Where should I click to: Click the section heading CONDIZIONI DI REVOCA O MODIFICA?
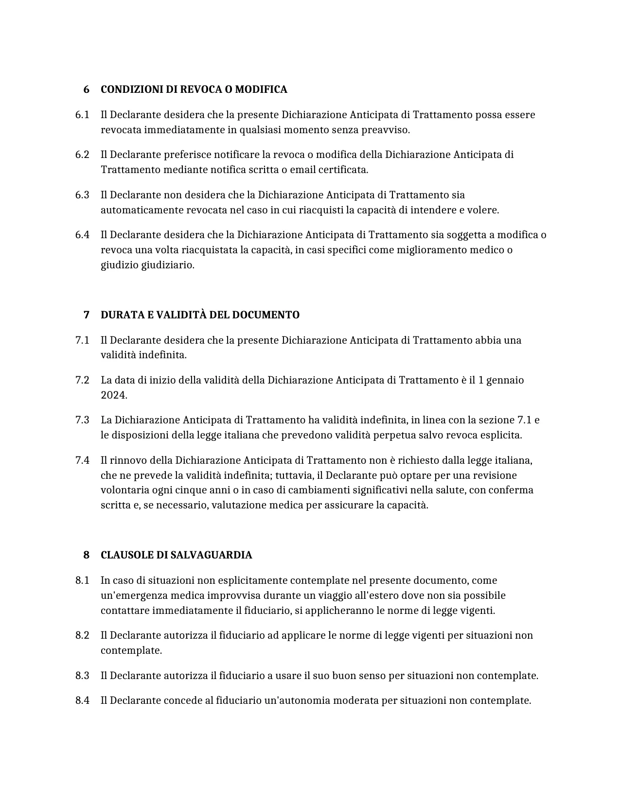(194, 90)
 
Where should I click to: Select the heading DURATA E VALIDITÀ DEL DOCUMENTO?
(200, 315)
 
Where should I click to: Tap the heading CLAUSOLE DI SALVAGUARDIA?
(176, 555)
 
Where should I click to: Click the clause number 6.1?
(82, 115)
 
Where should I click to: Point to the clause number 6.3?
(82, 195)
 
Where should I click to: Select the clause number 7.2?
(82, 380)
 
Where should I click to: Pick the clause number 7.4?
(82, 460)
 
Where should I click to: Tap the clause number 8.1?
(82, 580)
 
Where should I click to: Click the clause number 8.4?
(82, 700)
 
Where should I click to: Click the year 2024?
(113, 395)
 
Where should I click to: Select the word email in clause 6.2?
(303, 170)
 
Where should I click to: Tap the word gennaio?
(506, 380)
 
